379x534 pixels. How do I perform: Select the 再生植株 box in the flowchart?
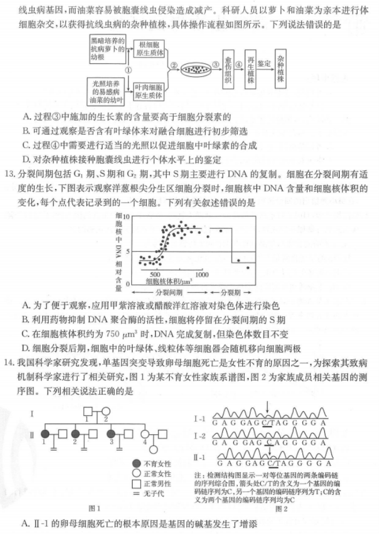[x=251, y=69]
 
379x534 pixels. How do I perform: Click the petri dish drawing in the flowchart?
[x=196, y=70]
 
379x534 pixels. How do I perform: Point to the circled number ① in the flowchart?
[x=128, y=70]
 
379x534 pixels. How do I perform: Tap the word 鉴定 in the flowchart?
[x=265, y=64]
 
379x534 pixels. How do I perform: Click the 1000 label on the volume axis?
[x=203, y=273]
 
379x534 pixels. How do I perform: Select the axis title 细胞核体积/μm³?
[x=172, y=282]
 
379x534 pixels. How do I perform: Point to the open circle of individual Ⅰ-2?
[x=107, y=412]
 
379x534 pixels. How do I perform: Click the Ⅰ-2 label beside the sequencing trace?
[x=199, y=437]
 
